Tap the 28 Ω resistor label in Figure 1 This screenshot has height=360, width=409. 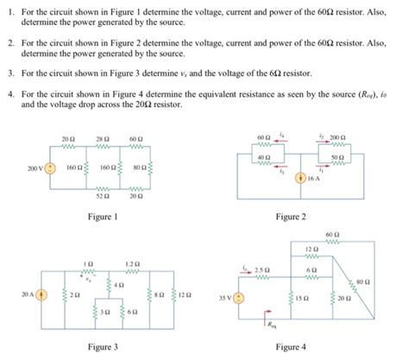[102, 137]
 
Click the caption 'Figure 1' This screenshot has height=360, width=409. [103, 218]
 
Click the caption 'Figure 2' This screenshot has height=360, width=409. [290, 218]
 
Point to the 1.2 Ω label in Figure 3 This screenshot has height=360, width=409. [131, 262]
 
